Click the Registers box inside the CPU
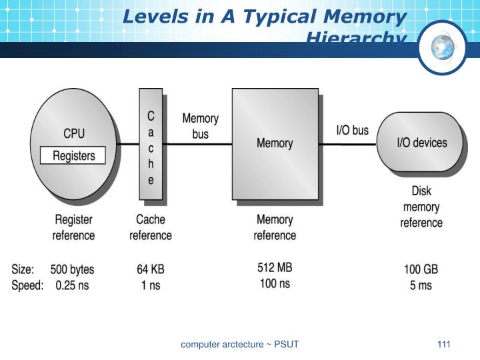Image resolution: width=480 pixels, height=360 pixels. click(x=74, y=156)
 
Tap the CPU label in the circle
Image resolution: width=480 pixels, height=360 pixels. click(x=74, y=133)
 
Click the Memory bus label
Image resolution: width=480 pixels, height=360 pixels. click(x=200, y=126)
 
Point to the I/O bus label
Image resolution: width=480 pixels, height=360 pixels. click(x=351, y=131)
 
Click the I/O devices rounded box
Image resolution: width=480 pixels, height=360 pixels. click(x=421, y=142)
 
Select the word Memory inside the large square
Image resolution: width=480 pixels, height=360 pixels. click(x=275, y=143)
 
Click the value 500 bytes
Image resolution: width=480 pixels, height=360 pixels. click(x=73, y=270)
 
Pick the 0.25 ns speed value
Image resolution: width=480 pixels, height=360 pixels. click(x=73, y=286)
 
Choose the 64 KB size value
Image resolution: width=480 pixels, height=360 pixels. click(x=150, y=270)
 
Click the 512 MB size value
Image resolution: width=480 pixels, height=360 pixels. click(x=275, y=269)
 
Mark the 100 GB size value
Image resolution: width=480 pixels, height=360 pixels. click(x=421, y=270)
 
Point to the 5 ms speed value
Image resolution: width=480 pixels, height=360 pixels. click(x=421, y=286)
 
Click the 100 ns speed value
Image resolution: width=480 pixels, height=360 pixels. click(x=275, y=285)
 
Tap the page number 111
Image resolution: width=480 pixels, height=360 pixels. click(x=444, y=344)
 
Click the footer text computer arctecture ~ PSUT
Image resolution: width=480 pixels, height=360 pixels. click(x=240, y=345)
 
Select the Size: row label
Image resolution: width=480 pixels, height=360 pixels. click(x=25, y=270)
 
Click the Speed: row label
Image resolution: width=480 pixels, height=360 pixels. click(x=28, y=286)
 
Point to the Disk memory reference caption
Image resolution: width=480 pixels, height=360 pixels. click(x=421, y=207)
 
